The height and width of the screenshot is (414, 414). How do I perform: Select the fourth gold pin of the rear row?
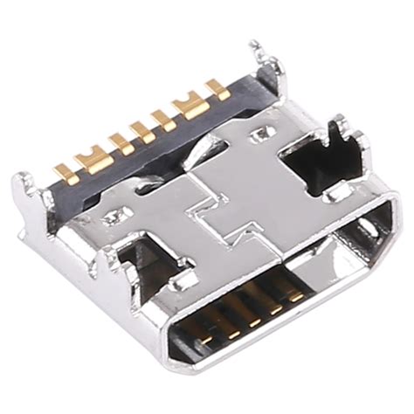click(x=141, y=130)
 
